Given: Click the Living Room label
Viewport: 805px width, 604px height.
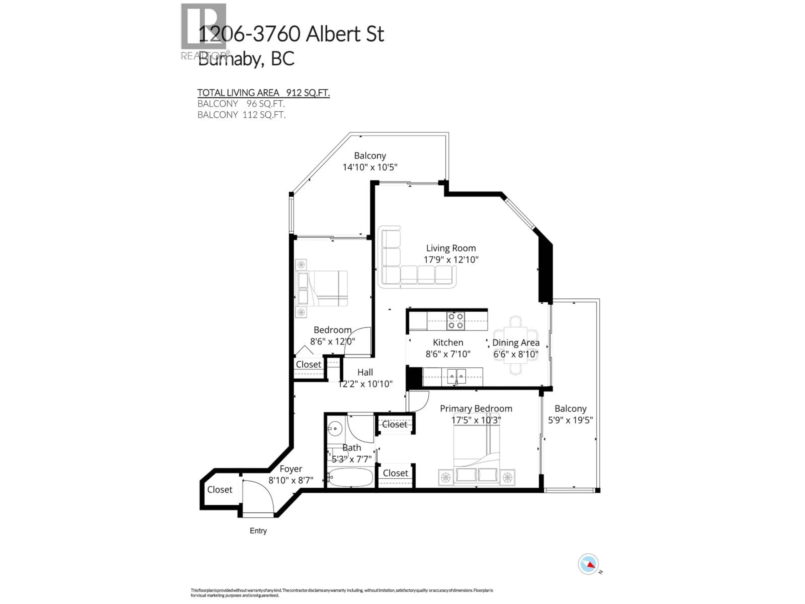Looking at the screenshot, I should pyautogui.click(x=451, y=248).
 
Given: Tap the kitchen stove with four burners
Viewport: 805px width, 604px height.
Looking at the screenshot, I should pyautogui.click(x=455, y=321).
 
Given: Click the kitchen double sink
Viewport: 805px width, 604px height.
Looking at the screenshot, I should pyautogui.click(x=456, y=376).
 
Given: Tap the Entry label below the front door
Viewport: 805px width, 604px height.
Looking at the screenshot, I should pyautogui.click(x=258, y=531).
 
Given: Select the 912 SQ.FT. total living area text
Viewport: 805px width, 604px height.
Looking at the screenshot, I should pyautogui.click(x=308, y=93).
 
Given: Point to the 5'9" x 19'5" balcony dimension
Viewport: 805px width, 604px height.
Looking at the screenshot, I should pyautogui.click(x=570, y=420).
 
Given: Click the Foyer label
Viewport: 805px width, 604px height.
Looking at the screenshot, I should pyautogui.click(x=291, y=469).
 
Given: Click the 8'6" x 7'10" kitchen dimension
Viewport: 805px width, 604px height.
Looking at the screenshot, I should pyautogui.click(x=448, y=354).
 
